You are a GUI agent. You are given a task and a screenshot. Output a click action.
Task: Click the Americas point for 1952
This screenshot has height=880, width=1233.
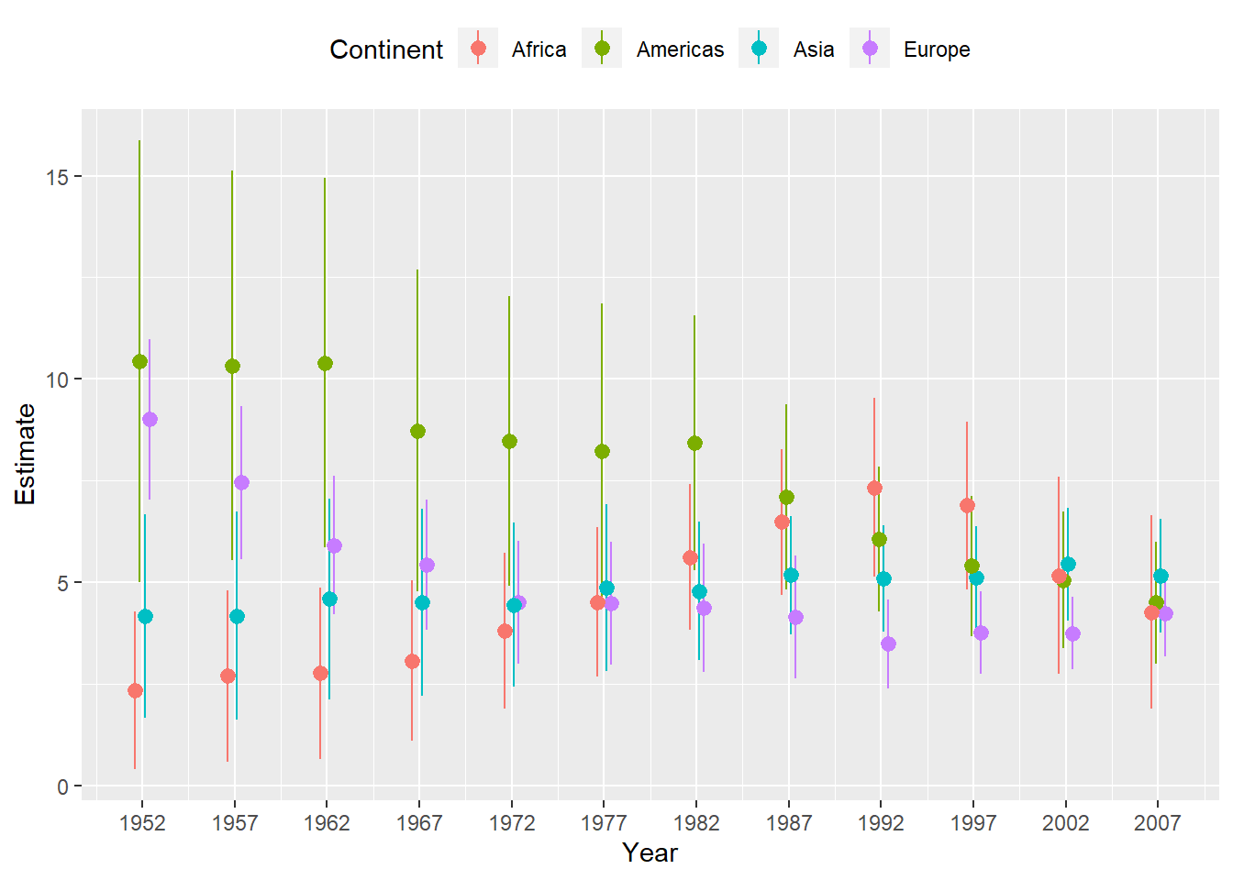(139, 361)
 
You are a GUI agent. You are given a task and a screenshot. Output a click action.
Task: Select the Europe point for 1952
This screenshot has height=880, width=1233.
(150, 419)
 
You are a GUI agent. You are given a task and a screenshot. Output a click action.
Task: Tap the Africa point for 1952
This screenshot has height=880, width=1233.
(135, 690)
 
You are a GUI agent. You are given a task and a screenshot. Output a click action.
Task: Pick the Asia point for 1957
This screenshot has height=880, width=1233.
(237, 616)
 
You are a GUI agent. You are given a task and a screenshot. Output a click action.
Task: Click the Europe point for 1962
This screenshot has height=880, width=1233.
(334, 545)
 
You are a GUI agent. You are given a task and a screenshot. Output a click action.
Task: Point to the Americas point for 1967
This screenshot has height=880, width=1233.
(417, 431)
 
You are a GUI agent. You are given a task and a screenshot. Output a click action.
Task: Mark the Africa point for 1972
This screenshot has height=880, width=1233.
(505, 631)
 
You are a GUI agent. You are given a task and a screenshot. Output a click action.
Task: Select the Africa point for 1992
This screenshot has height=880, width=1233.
(874, 488)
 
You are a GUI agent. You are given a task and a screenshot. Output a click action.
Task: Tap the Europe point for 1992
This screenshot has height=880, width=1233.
(888, 643)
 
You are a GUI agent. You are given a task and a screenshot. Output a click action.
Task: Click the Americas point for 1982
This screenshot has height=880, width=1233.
(694, 443)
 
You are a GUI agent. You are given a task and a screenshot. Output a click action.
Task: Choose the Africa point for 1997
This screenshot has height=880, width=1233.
(967, 505)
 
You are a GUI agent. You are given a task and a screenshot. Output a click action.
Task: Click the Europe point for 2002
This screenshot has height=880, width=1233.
(1072, 633)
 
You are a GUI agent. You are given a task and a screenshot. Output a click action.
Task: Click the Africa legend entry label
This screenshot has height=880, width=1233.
(539, 49)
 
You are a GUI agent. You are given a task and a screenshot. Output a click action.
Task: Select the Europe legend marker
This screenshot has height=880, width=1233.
(870, 49)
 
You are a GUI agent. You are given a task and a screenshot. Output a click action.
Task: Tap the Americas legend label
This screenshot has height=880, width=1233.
(680, 49)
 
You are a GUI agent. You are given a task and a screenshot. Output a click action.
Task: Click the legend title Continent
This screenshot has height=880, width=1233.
(386, 49)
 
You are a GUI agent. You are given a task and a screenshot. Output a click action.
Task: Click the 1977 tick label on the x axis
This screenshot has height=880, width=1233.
(604, 823)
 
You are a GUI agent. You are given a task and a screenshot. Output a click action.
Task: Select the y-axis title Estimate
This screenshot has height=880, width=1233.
(26, 455)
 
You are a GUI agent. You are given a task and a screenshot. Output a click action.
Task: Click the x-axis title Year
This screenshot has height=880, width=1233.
(650, 852)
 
